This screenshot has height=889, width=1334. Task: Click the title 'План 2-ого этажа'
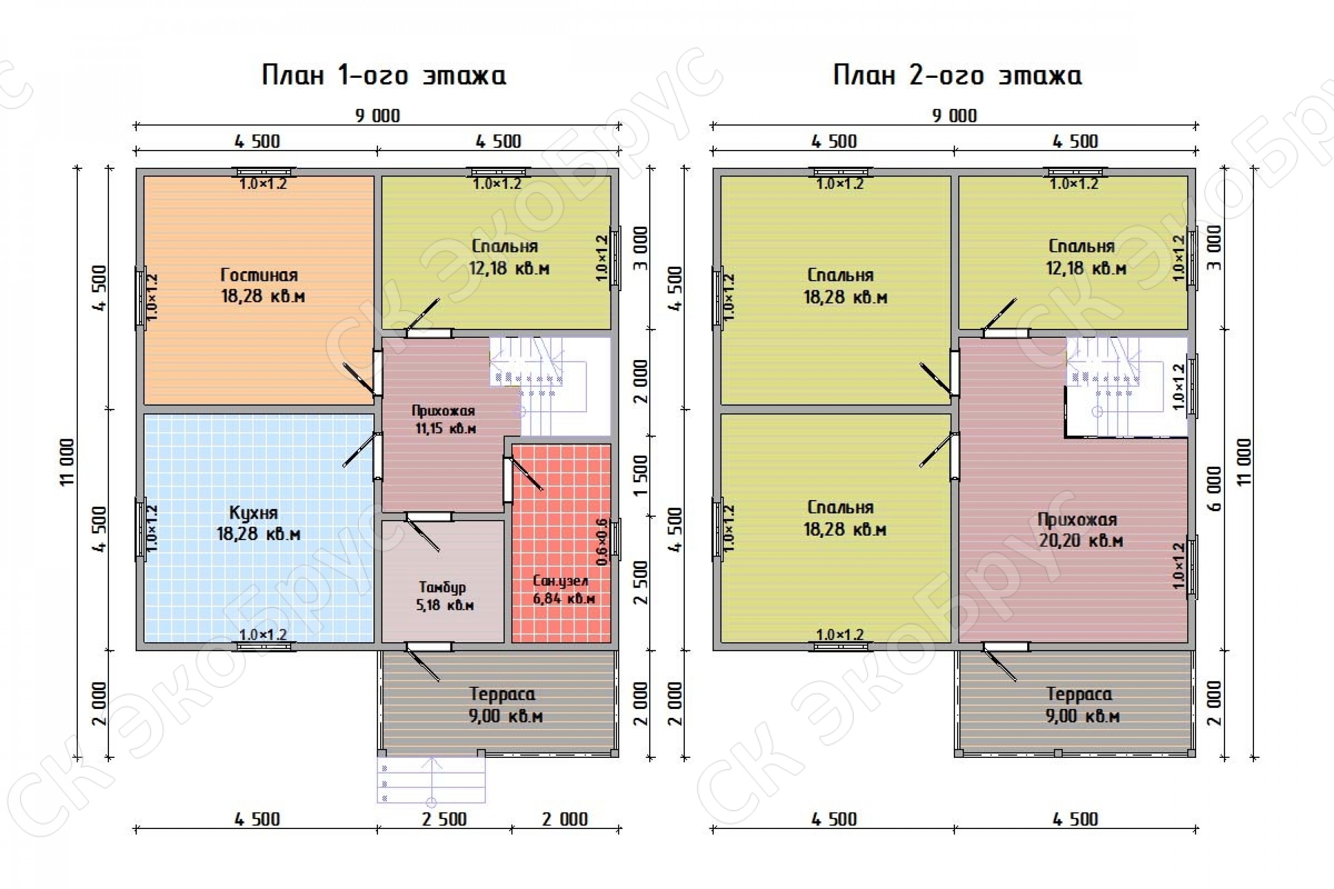[957, 75]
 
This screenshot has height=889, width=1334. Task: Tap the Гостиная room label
[259, 275]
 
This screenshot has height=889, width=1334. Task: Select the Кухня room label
[253, 513]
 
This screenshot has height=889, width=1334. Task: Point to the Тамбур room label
[442, 587]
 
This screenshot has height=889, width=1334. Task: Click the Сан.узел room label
[561, 581]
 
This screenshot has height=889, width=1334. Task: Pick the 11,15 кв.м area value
[445, 428]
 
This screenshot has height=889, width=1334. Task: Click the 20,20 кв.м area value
[1081, 541]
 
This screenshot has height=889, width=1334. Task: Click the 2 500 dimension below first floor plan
[444, 819]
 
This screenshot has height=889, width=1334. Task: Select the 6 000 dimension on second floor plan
[1214, 489]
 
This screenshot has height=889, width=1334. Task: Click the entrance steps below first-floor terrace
[431, 780]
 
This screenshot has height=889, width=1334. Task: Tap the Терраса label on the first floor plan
[502, 694]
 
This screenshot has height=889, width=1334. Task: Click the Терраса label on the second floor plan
[1079, 694]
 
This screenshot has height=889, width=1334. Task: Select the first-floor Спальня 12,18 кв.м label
[509, 257]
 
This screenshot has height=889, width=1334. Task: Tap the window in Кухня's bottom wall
[266, 646]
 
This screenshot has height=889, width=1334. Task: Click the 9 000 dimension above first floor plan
[378, 116]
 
